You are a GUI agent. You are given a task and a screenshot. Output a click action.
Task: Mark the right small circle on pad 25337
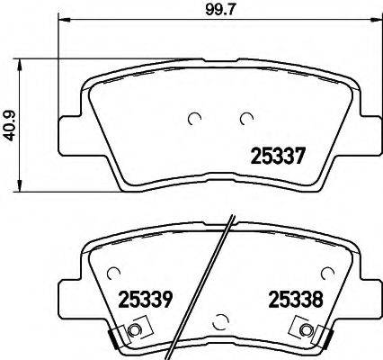click(x=245, y=117)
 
